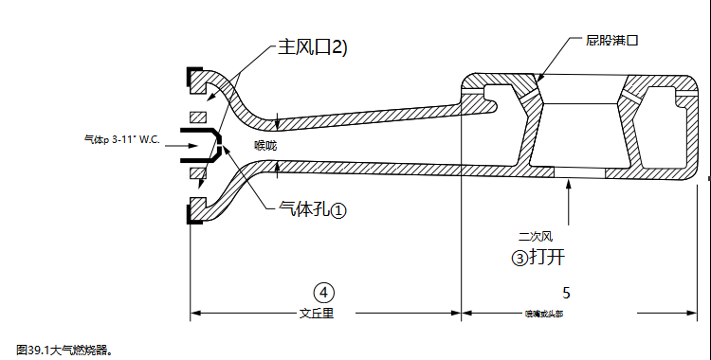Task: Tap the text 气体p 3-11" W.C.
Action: point(121,141)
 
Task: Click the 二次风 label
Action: point(535,236)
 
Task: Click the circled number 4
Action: point(324,291)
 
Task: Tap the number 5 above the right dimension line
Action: point(566,292)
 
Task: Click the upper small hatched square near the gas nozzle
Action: point(197,116)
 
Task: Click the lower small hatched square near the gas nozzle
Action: point(197,174)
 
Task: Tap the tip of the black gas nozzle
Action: point(218,147)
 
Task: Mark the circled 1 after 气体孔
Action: point(338,210)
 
